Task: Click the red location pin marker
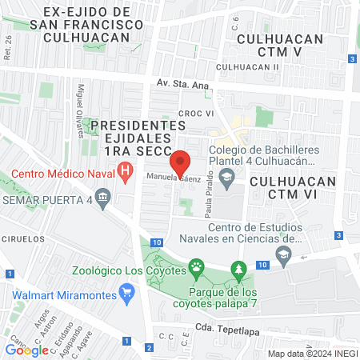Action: pos(182,163)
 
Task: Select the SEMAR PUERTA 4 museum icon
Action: pos(102,197)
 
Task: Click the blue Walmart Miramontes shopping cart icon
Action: pos(124,292)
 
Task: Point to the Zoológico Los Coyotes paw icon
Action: pos(195,266)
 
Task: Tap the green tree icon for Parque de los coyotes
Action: pos(237,269)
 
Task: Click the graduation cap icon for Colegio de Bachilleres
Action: pos(227,176)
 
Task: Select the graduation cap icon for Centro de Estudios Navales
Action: pos(282,254)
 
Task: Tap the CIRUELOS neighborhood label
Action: pos(22,238)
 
